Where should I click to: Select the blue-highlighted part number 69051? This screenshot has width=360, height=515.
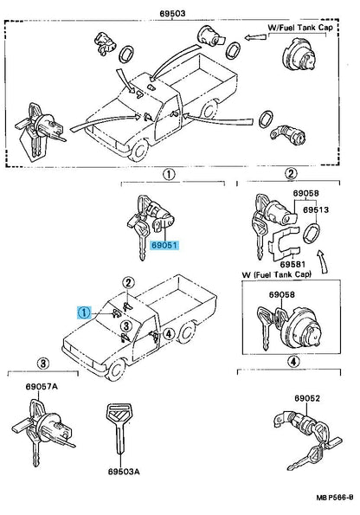tap(164, 245)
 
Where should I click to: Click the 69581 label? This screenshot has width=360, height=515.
tap(298, 263)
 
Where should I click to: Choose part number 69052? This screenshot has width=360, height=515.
tap(307, 399)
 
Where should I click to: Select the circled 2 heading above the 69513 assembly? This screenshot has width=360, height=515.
tap(292, 174)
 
